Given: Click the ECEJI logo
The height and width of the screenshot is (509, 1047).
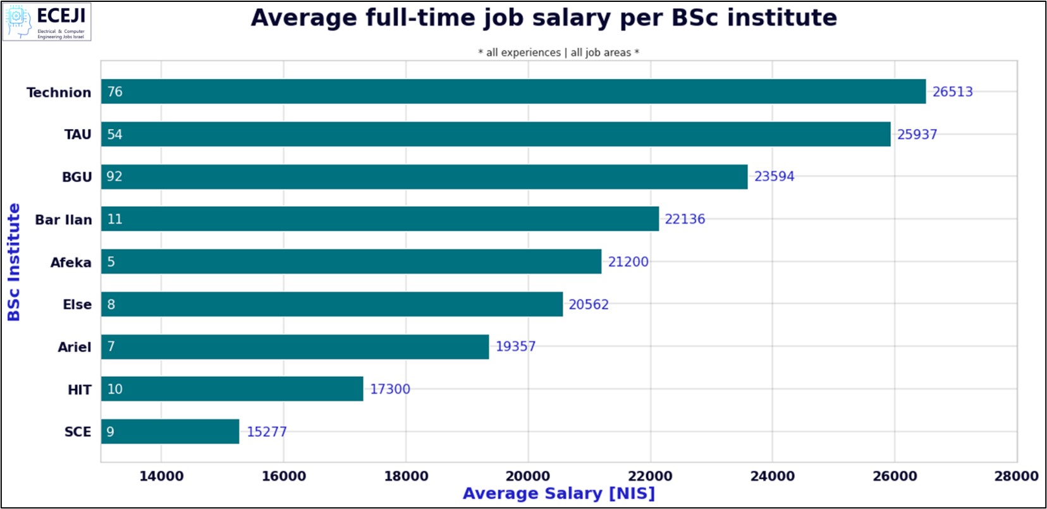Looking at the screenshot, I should coord(47,22).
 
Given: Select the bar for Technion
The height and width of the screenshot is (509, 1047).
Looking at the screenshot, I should coord(513,92).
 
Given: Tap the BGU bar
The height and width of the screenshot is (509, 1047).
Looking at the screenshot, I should coord(424,176).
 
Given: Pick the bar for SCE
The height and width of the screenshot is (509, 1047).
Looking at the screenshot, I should coord(169,431).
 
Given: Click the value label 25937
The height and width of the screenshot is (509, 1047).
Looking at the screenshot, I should coord(917,134).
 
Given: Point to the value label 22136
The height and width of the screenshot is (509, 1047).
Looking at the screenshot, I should coord(685,219).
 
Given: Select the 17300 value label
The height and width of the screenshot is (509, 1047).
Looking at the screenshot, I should coord(389,389).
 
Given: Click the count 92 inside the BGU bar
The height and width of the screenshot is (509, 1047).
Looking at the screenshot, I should coord(114,176).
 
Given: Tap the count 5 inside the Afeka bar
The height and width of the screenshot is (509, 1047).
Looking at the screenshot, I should coord(111,262).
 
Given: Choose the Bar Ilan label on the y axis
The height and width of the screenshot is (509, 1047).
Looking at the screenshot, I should coord(63,219).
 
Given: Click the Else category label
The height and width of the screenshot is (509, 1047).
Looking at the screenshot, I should coord(77,305).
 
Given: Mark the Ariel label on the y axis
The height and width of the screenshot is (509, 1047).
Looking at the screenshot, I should coord(75,347).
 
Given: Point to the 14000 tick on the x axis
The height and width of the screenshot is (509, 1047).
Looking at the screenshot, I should coord(161,476).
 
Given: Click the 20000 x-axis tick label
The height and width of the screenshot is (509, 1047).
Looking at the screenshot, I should coord(528,476).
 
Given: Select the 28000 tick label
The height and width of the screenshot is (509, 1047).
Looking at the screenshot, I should coord(1016,476).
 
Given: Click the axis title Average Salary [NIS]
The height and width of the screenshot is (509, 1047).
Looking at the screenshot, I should coord(558,493).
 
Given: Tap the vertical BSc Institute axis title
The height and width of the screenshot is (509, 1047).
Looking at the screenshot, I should coord(14,262).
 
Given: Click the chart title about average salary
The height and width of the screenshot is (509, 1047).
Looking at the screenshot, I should coord(544,18).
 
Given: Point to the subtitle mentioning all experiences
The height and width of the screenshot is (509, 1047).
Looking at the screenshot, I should coord(558,52).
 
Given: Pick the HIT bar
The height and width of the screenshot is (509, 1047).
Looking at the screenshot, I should coord(232,389).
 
